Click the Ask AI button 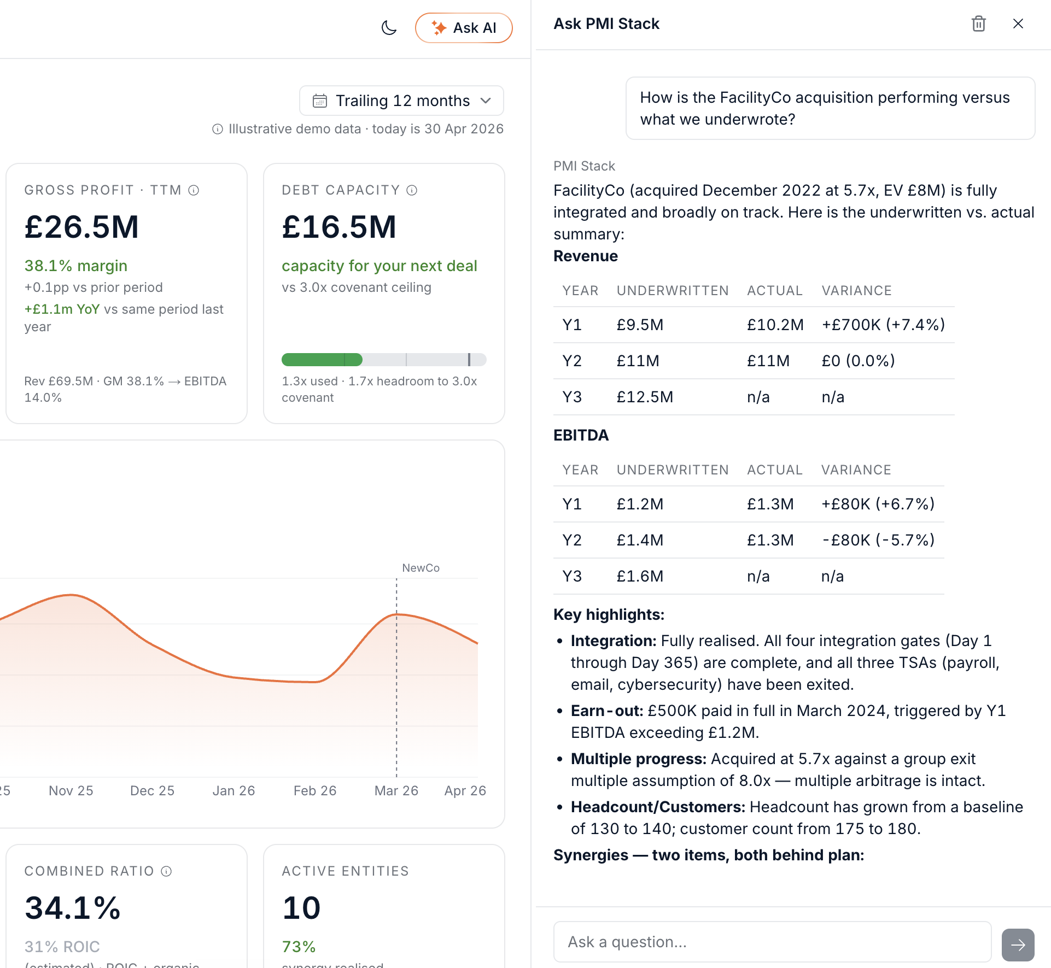464,28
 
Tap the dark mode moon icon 389,28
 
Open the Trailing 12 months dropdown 401,101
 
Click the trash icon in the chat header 978,24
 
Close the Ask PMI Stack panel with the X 1018,24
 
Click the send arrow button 1018,944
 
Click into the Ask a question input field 772,942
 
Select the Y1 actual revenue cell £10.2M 775,325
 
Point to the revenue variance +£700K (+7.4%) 883,325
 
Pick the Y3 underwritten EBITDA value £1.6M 640,576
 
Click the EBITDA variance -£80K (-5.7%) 878,540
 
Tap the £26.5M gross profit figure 82,227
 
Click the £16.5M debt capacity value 339,227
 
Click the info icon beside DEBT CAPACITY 412,190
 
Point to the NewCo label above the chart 421,568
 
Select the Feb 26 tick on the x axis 315,790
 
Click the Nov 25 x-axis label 71,790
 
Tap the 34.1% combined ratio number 73,908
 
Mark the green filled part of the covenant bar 322,360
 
